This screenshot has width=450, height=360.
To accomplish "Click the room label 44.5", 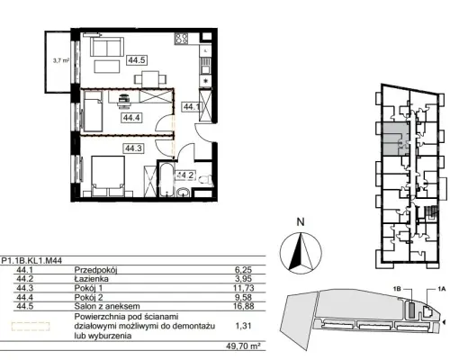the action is (x=137, y=60).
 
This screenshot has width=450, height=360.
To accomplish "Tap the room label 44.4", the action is (x=132, y=118).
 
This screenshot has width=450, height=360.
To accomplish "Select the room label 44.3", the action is (x=134, y=148).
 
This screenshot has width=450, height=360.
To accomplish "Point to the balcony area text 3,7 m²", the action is (x=61, y=60).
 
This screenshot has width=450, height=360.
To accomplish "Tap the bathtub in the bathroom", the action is (x=166, y=179).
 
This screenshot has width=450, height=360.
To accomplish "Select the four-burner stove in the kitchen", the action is (x=182, y=39).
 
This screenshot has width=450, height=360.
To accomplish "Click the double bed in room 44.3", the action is (x=108, y=176).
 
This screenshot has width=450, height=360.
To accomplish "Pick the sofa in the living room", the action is (x=107, y=47).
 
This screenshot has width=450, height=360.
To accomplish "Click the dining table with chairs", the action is (x=150, y=79).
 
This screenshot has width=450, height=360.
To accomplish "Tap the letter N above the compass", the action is (x=301, y=222).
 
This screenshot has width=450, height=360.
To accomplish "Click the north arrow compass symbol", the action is (x=301, y=253).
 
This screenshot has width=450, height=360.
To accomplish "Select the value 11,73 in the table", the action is (x=244, y=288).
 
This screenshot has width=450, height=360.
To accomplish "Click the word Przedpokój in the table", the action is (x=95, y=270).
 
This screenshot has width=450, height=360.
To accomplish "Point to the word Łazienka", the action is (x=92, y=279).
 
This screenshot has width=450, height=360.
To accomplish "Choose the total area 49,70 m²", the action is (x=243, y=346).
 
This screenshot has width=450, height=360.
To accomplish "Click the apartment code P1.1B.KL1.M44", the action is (x=31, y=261).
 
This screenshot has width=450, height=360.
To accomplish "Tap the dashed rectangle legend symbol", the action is (x=31, y=326).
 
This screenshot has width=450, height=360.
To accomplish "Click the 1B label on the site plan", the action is (x=397, y=289).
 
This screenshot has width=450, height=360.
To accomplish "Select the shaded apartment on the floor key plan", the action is (x=395, y=139).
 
